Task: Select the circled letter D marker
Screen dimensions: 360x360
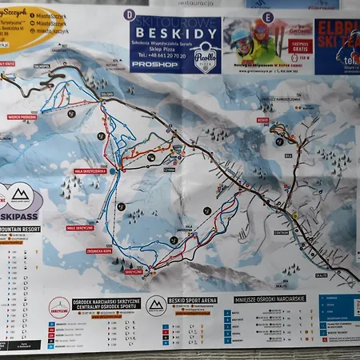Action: pos(130,14)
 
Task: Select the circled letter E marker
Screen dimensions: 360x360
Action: pos(267,17)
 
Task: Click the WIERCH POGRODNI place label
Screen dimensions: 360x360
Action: pos(22,117)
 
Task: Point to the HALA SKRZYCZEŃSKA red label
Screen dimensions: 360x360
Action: pos(90,170)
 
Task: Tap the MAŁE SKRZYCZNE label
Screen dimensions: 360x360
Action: pos(80,227)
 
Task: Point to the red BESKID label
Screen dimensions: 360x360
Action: pos(262,120)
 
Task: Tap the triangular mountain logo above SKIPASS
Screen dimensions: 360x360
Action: pos(22,195)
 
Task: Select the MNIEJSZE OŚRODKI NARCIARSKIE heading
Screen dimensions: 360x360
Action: pos(270,298)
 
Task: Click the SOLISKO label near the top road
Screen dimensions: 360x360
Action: pos(107,94)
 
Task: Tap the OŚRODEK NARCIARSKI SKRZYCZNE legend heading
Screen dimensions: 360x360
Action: pos(106,303)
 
